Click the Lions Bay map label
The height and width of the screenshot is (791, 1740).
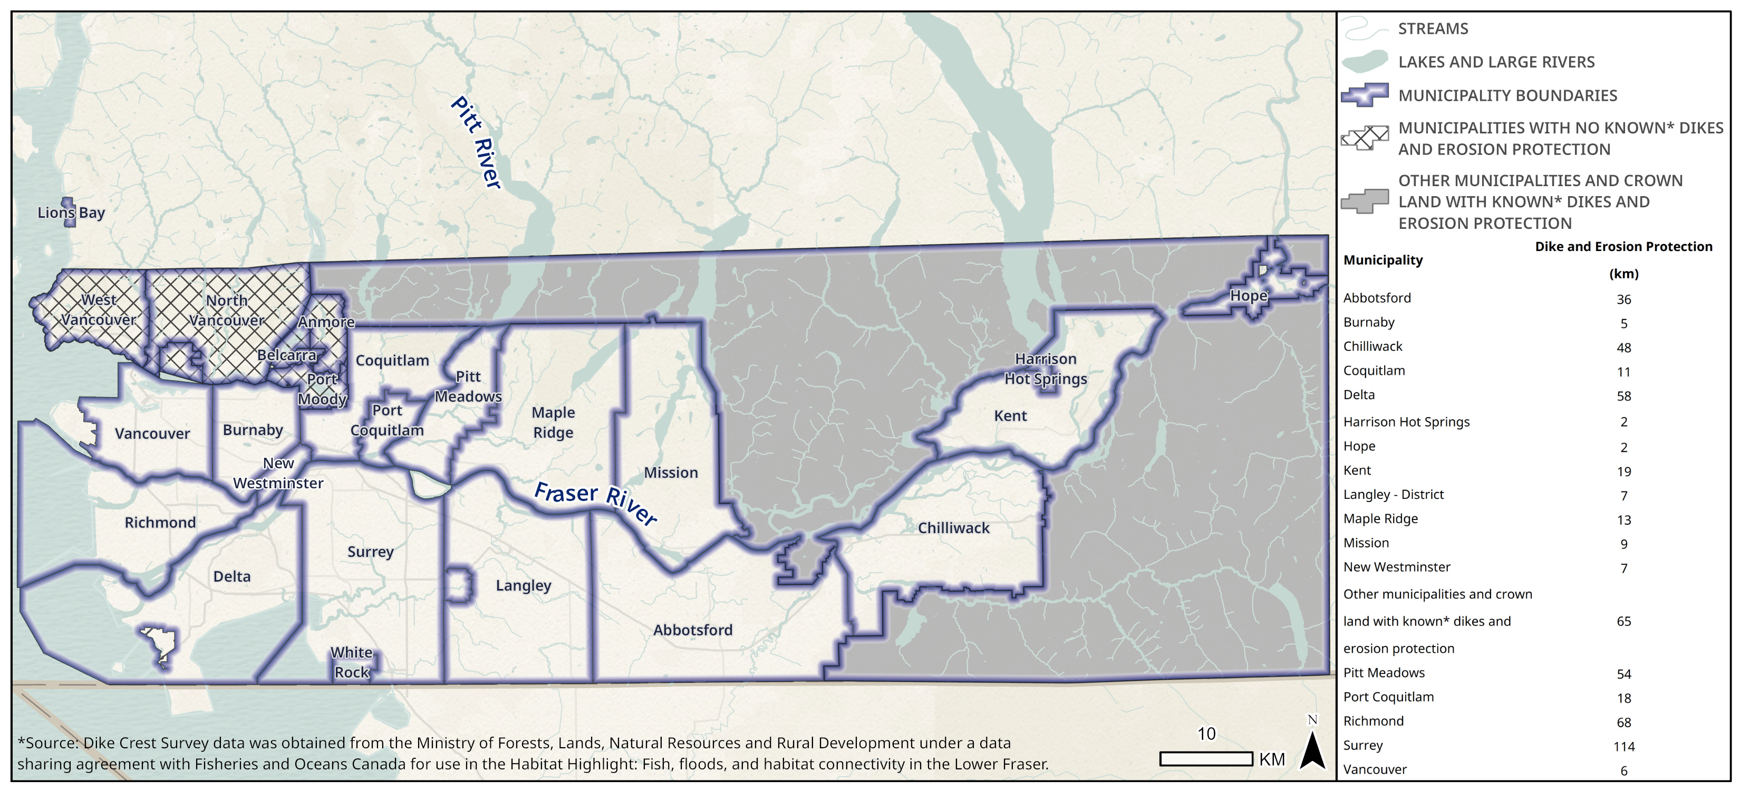pos(71,213)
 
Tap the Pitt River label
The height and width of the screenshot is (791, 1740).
pos(476,142)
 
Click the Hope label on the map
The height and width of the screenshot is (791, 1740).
pos(1248,296)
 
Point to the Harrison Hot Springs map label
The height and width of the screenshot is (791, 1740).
pos(1045,369)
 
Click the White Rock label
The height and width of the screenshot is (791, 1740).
pos(351,662)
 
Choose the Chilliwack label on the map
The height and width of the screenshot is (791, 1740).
pos(953,528)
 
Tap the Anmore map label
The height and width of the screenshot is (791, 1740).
pos(326,322)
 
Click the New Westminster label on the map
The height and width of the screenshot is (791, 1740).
pos(278,473)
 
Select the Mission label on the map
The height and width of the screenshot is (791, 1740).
pos(670,473)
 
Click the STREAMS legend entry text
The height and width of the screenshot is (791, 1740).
pos(1433,29)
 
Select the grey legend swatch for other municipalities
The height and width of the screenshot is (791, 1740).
pos(1365,201)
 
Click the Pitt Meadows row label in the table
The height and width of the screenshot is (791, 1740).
pos(1384,673)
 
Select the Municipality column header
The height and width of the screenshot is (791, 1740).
pos(1383,260)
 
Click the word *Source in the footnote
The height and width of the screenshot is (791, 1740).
pos(46,743)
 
